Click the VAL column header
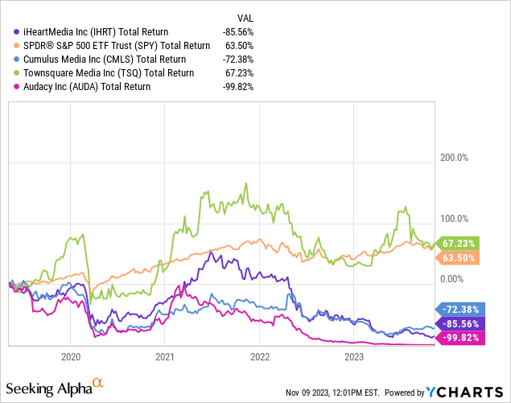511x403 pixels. pyautogui.click(x=243, y=16)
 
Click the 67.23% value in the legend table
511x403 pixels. pyautogui.click(x=239, y=73)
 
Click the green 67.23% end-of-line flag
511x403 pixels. pyautogui.click(x=459, y=243)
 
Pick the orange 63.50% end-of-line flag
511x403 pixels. pyautogui.click(x=459, y=257)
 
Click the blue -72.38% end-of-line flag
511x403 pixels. pyautogui.click(x=459, y=308)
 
